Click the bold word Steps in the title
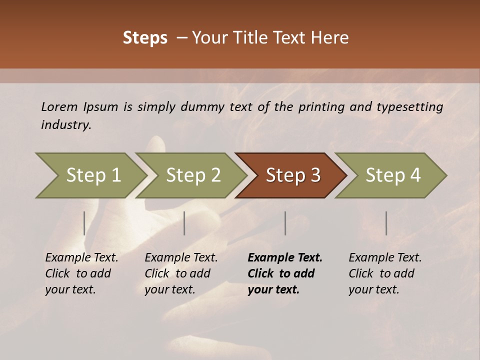click(145, 38)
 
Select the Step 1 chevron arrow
click(90, 175)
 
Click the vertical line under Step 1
click(84, 223)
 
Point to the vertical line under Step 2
click(184, 223)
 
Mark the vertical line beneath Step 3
click(285, 223)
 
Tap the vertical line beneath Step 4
click(386, 223)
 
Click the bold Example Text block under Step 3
click(285, 273)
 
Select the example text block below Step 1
click(81, 273)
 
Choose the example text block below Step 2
click(181, 273)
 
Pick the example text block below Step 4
click(385, 273)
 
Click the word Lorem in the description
click(59, 107)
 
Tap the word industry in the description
click(65, 125)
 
